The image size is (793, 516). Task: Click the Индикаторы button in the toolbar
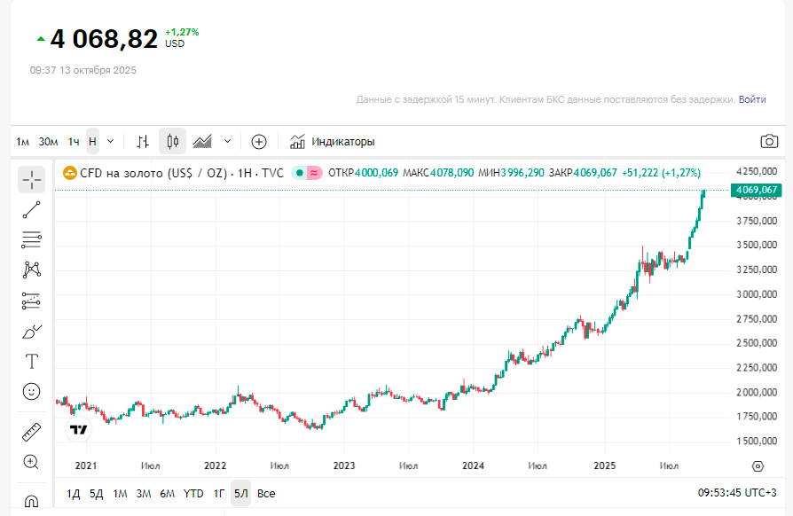pyautogui.click(x=333, y=141)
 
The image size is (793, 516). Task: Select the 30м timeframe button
pyautogui.click(x=48, y=141)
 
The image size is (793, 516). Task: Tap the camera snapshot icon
pyautogui.click(x=769, y=141)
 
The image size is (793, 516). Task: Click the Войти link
pyautogui.click(x=752, y=99)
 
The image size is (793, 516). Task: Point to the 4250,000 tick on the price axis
pyautogui.click(x=757, y=171)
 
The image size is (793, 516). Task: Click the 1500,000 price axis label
pyautogui.click(x=757, y=441)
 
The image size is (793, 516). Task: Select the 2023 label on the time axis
pyautogui.click(x=344, y=465)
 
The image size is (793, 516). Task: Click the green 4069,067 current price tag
pyautogui.click(x=756, y=190)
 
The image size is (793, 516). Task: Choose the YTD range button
pyautogui.click(x=193, y=493)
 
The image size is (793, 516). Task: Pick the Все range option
pyautogui.click(x=266, y=493)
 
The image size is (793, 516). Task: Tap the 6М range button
pyautogui.click(x=168, y=493)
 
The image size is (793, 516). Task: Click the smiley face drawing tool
pyautogui.click(x=31, y=391)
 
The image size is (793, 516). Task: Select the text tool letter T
pyautogui.click(x=31, y=361)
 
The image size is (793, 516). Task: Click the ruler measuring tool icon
pyautogui.click(x=31, y=432)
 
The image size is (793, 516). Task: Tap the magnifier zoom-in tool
pyautogui.click(x=31, y=462)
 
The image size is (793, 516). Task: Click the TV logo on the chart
pyautogui.click(x=79, y=430)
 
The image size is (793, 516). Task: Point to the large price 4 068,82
pyautogui.click(x=104, y=39)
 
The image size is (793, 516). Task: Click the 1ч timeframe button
pyautogui.click(x=74, y=141)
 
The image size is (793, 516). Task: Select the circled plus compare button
pyautogui.click(x=259, y=141)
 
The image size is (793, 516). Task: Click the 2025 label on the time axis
pyautogui.click(x=605, y=465)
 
